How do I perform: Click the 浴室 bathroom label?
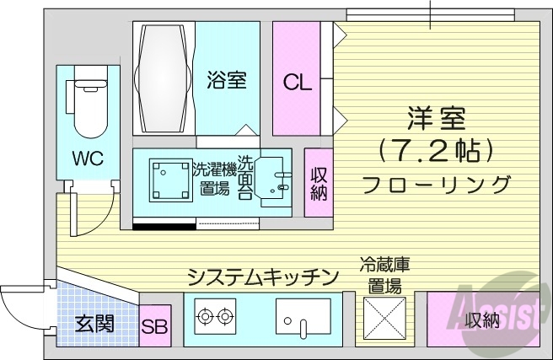226,82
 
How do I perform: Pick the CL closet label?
296,83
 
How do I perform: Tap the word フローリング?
436,183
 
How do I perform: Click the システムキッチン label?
263,277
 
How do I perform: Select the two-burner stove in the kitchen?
212,319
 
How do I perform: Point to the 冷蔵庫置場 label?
385,275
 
